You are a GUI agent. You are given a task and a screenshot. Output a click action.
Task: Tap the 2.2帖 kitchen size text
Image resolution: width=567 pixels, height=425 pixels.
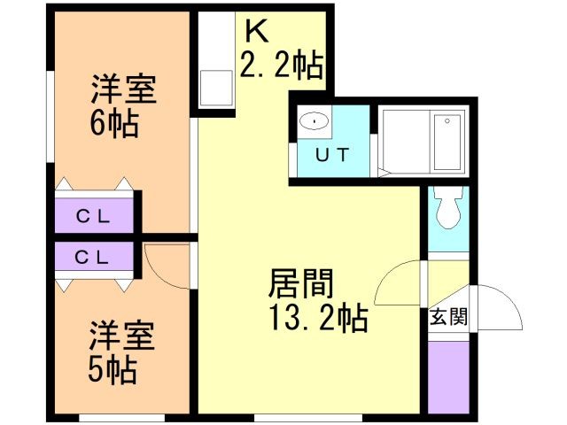pos(281,65)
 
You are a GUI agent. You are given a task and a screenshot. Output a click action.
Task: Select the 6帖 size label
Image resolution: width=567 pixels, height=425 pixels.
pos(114,124)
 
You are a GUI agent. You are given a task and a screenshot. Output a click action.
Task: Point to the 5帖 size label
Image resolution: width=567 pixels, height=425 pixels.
pos(113,370)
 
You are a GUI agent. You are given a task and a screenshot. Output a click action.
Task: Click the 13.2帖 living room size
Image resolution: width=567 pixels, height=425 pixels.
pos(319,318)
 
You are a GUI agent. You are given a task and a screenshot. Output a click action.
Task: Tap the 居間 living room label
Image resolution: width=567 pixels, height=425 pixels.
pos(300,284)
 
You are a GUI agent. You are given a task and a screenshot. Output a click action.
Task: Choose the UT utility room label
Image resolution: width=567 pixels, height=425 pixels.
pos(332,155)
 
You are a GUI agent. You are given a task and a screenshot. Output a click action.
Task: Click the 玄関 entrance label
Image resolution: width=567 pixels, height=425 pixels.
pos(448,317)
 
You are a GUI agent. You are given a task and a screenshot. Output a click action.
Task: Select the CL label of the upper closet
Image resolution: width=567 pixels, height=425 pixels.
pos(93,217)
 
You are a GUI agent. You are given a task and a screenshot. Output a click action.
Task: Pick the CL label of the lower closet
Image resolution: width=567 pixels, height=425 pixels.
pos(92,258)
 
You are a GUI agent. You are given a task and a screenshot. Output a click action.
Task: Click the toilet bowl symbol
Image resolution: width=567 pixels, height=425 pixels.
pos(448,207)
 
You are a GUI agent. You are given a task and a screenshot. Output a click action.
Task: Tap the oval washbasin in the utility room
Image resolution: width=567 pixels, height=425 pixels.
pos(315,121)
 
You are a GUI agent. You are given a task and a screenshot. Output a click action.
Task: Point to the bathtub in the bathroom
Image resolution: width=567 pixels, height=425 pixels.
pos(448,142)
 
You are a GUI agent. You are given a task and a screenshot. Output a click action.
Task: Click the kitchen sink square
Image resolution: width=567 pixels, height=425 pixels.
pos(216,88)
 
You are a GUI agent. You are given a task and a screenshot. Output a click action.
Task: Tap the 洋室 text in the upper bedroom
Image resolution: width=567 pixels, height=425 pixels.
pos(124,89)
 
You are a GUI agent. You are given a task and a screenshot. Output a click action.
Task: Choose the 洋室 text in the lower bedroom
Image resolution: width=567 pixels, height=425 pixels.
pos(122,336)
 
